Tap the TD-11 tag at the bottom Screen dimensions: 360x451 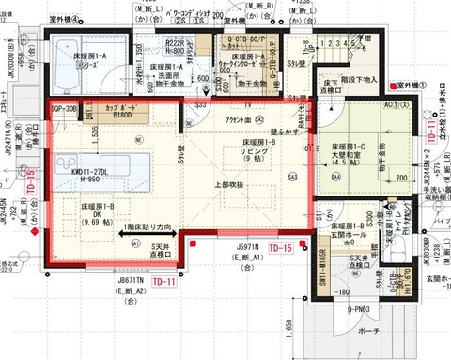pyautogui.click(x=164, y=281)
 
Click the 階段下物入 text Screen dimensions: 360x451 pyautogui.click(x=360, y=81)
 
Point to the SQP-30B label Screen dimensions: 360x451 pyautogui.click(x=64, y=109)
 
